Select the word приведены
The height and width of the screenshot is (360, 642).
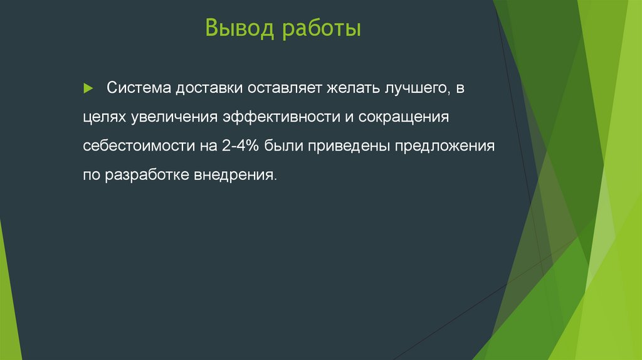pos(342,146)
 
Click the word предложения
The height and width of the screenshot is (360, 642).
pos(437,146)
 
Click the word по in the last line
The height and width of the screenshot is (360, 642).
pos(91,175)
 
